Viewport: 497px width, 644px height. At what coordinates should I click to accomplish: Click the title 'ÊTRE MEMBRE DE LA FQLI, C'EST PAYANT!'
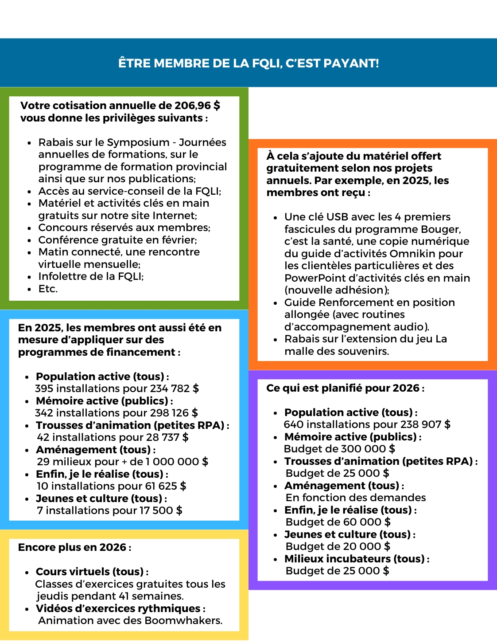[248, 63]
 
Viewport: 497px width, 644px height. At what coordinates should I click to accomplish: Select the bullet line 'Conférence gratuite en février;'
[117, 240]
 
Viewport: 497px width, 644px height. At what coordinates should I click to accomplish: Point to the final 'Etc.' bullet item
[48, 289]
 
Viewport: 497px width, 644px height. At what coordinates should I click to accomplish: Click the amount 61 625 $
[166, 486]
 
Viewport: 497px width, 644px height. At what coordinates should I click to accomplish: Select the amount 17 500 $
[161, 510]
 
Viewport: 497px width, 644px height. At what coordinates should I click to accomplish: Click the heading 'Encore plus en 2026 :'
[74, 547]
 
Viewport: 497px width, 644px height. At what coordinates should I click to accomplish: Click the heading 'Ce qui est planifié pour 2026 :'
[346, 388]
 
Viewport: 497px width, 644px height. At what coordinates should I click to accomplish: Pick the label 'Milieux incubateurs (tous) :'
[357, 559]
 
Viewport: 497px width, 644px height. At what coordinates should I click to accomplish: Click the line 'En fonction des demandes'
[356, 498]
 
